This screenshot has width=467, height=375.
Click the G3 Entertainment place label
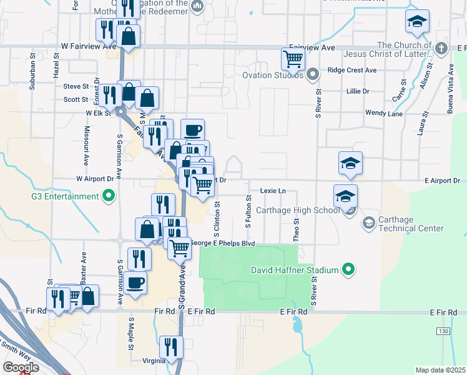pos(65,196)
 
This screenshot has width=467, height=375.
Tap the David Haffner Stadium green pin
pos(348,271)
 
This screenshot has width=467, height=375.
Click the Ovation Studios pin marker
pos(313,75)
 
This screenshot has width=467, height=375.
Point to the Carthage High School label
pos(298,211)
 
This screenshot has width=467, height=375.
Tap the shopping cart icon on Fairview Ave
pos(293,59)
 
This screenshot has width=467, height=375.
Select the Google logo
pos(21,367)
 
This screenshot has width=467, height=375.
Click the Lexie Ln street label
pos(273,191)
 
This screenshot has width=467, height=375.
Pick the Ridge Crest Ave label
pos(352,70)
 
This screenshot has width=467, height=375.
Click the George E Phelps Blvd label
pos(223,243)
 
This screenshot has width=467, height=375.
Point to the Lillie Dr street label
pos(358,91)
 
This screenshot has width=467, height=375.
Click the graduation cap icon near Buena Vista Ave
pos(417,22)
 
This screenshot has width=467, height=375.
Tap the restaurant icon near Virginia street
pos(170,348)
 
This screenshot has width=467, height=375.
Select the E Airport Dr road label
pos(441,181)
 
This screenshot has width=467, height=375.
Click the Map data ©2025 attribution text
pos(440,370)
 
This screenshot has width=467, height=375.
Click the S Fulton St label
pos(248,211)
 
